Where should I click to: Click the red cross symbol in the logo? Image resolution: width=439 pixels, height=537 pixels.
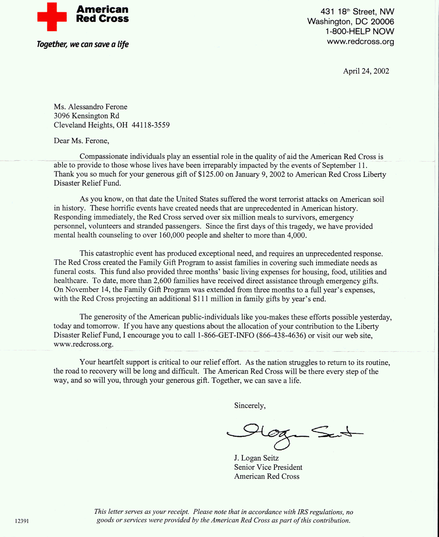click(x=52, y=17)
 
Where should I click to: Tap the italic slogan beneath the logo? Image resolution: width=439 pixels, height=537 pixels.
click(x=83, y=44)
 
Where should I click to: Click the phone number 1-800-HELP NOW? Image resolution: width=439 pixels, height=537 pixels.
click(x=360, y=32)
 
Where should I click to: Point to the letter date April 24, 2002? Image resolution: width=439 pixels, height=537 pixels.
click(x=366, y=71)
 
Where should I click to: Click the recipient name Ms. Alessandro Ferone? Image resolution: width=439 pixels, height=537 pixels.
click(x=90, y=107)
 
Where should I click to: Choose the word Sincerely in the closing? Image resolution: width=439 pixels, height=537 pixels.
click(x=249, y=406)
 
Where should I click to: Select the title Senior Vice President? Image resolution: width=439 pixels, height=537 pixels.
click(x=268, y=467)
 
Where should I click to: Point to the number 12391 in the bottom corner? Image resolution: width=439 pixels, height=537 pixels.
click(x=22, y=521)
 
